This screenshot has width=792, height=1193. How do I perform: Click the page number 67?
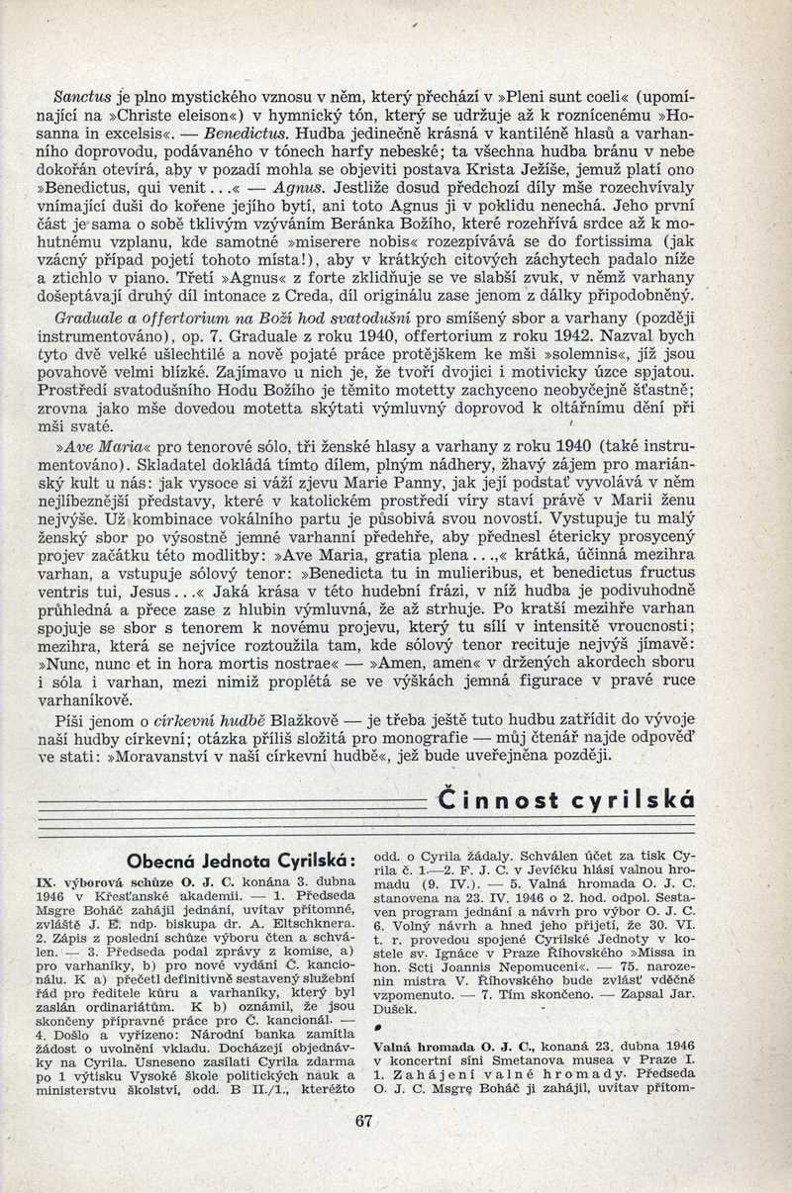click(x=362, y=1122)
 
